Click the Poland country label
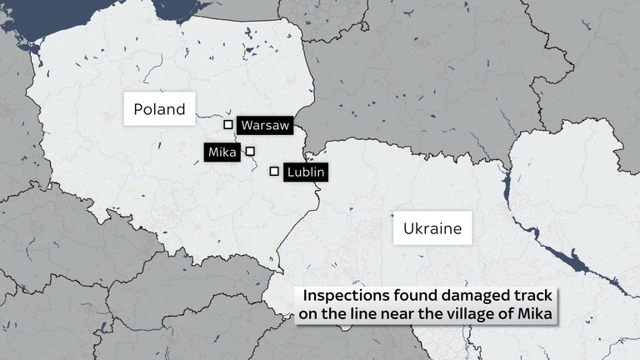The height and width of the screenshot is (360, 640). coord(159,109)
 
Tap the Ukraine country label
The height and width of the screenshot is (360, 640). coord(432,227)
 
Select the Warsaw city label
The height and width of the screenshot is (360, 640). coord(265,125)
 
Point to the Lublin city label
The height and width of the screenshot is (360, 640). coord(304,172)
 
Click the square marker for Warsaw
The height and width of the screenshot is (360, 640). coord(228,125)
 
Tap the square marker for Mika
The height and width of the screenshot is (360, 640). coord(250,151)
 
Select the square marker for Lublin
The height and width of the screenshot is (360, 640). coord(274,172)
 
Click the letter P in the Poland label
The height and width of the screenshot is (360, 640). coord(138,109)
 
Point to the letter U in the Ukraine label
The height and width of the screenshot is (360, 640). coord(408,227)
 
